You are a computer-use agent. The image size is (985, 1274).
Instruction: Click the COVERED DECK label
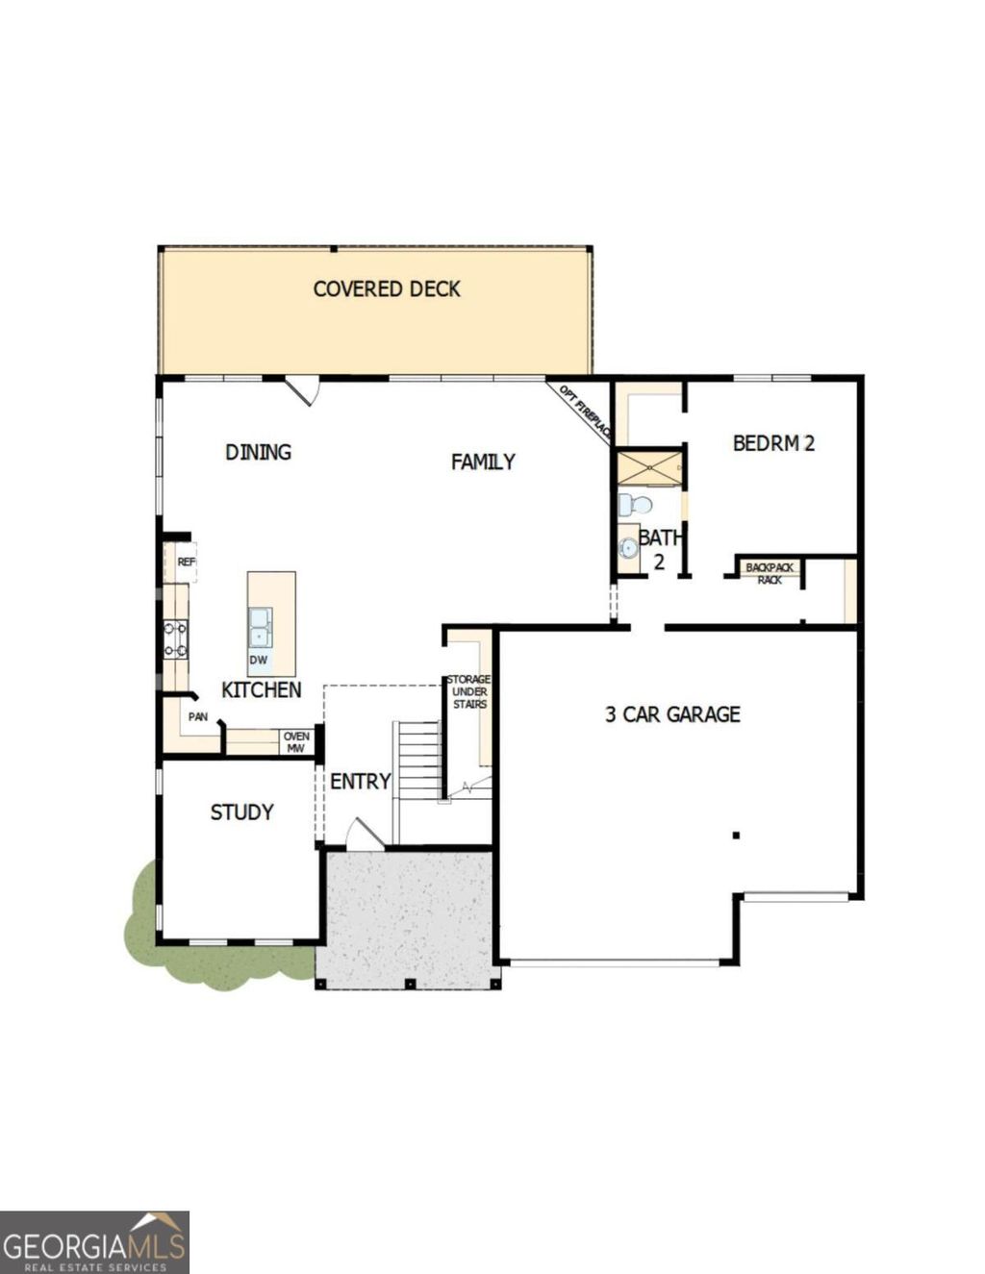(387, 288)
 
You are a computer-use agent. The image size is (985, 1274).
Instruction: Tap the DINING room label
(258, 452)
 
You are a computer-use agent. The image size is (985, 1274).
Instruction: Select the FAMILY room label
(483, 462)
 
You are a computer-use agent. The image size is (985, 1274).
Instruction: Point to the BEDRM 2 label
(773, 443)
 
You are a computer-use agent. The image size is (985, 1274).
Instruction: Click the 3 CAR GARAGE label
(672, 714)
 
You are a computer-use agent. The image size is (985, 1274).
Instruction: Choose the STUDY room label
(241, 812)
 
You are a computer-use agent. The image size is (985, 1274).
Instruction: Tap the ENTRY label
(360, 782)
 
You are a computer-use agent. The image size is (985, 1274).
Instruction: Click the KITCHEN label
(261, 689)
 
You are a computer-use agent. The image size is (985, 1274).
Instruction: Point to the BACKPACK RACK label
(770, 574)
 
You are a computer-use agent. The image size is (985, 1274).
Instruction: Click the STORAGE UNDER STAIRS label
(468, 691)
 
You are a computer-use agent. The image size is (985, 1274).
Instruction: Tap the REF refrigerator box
(185, 562)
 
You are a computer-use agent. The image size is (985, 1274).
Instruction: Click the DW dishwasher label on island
(258, 661)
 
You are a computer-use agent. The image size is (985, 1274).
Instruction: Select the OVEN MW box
(296, 742)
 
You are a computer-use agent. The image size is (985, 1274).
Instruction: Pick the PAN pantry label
(197, 716)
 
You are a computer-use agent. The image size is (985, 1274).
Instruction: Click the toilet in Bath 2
(633, 505)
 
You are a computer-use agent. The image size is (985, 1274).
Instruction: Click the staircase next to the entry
(418, 760)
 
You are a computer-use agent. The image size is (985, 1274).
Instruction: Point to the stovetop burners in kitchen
(175, 639)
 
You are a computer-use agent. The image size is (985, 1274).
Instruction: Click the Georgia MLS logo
(94, 1242)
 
